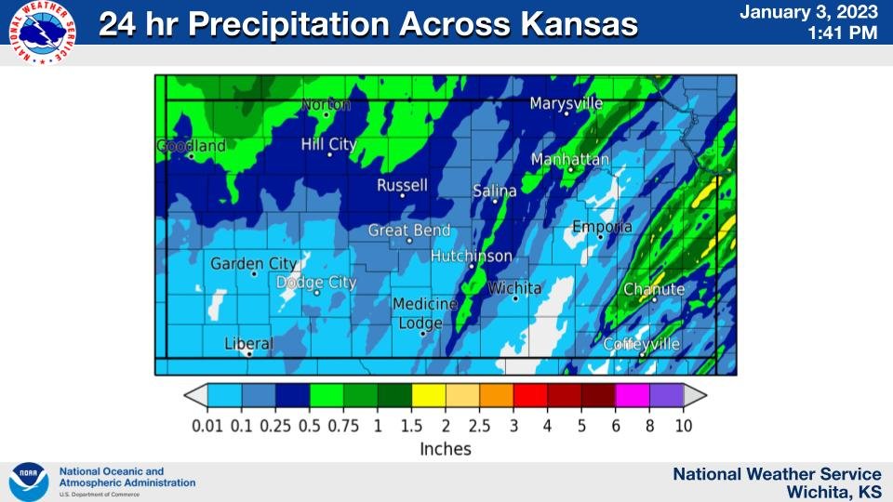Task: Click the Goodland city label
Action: (x=191, y=146)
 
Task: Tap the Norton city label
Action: (x=327, y=105)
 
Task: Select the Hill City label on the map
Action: (x=328, y=144)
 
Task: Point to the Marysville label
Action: (x=566, y=103)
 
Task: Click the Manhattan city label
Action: (x=570, y=160)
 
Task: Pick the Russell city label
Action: (x=402, y=186)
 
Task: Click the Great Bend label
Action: (x=409, y=231)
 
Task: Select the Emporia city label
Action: (x=602, y=227)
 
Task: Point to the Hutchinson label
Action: (x=472, y=256)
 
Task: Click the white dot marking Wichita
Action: (x=514, y=298)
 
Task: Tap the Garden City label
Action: (x=254, y=264)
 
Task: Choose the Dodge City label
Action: (x=316, y=283)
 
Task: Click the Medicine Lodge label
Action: (x=424, y=313)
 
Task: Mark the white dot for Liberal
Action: (x=249, y=353)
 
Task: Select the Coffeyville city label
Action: (x=642, y=344)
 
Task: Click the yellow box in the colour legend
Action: (x=428, y=395)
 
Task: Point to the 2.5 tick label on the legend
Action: (x=479, y=425)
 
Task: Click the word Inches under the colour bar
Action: (x=446, y=449)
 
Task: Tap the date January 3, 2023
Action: (x=809, y=12)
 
